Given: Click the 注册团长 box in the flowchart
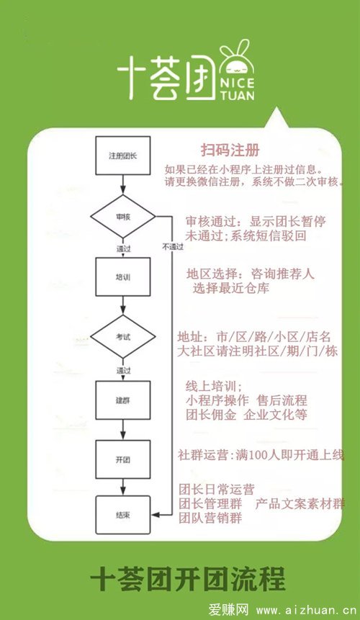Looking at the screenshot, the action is click(123, 156).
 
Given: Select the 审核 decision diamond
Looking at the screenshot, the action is click(123, 217).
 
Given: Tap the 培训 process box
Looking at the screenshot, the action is click(123, 277).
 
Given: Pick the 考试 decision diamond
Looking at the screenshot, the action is click(123, 337).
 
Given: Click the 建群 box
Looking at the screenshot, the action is click(123, 400).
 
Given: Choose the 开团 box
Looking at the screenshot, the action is click(123, 460).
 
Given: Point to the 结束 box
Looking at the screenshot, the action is click(123, 515).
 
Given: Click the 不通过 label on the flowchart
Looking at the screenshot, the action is click(173, 247).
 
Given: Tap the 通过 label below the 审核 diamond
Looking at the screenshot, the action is click(123, 249).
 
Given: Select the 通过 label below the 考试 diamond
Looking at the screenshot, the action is click(123, 371).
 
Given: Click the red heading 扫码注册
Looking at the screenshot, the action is click(230, 150).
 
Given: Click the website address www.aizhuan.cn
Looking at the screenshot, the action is click(307, 610).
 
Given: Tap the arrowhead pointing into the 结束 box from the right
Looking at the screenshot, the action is click(156, 515).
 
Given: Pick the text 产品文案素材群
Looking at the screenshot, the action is click(300, 504).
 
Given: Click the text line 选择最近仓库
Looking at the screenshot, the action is click(231, 288).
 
